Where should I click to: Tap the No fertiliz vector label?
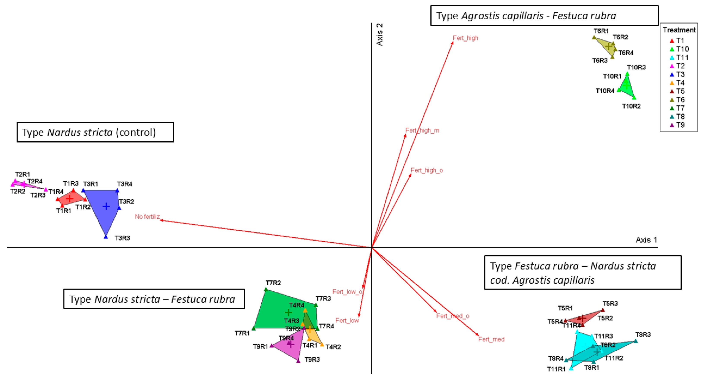147,216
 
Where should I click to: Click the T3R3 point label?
122,238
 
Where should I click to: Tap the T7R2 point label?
273,283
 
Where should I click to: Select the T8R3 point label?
643,334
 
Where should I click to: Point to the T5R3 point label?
610,304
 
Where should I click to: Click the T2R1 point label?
22,174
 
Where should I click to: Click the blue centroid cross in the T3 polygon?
106,206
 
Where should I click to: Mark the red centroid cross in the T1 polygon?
70,198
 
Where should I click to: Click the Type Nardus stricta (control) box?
95,132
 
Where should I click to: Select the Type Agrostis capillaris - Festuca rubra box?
544,16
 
